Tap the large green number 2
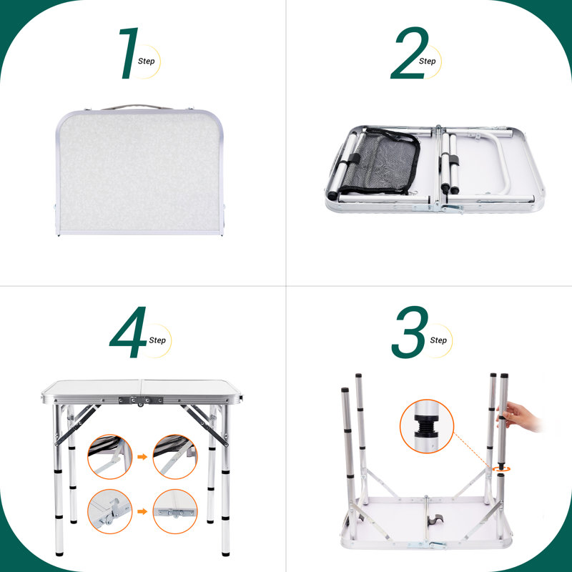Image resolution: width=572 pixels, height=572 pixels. coord(409,53)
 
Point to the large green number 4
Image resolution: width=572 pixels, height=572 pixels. coord(129,332)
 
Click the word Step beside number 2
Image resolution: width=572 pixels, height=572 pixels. coord(427,61)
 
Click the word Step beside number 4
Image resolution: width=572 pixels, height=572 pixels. coord(157,340)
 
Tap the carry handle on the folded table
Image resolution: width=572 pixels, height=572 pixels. coord(137,107)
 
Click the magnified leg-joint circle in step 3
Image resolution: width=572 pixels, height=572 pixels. coord(427,426)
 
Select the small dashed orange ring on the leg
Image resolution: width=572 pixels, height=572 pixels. coord(501,469)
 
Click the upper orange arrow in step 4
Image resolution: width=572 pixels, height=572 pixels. coord(142,457)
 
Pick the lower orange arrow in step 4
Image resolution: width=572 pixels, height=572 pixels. coord(142,511)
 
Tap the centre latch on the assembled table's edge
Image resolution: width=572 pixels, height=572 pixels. coord(141,400)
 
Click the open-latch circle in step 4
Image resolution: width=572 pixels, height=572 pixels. coord(110,511)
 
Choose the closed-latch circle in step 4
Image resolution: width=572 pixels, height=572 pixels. coord(175,511)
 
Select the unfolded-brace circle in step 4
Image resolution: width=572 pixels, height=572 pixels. coord(175,457)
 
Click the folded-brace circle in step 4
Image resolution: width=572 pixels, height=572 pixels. coord(110,457)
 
